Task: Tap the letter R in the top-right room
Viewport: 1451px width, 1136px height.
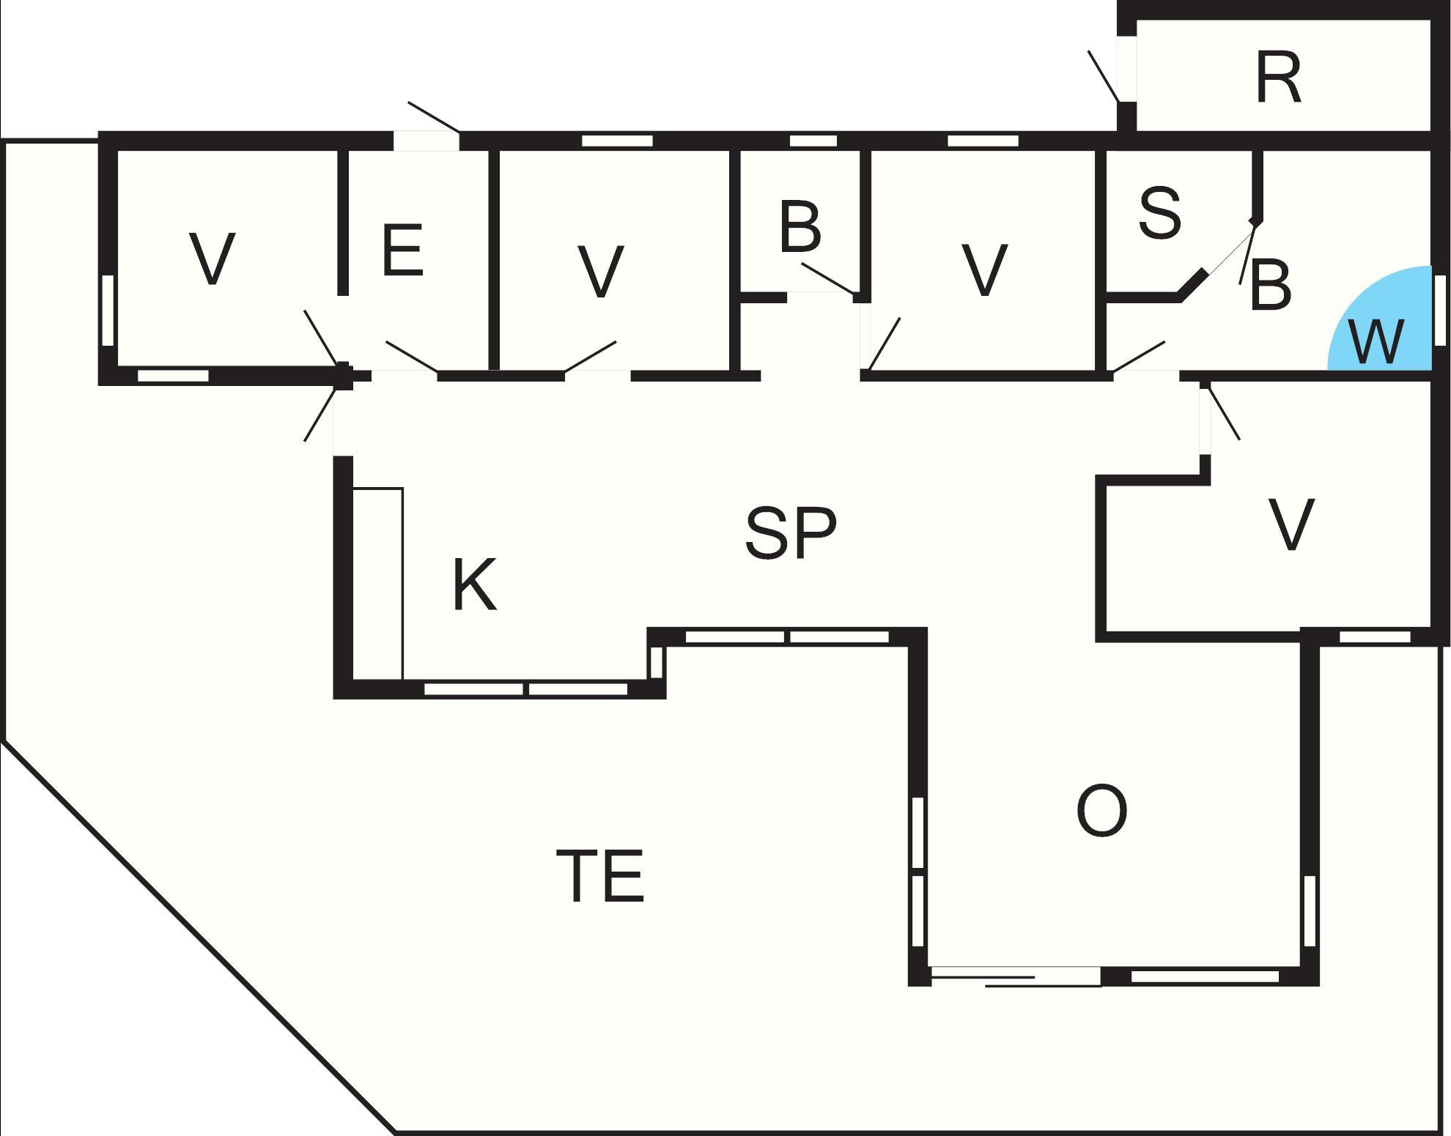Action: pyautogui.click(x=1278, y=78)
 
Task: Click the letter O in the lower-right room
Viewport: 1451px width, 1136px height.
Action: pyautogui.click(x=1101, y=811)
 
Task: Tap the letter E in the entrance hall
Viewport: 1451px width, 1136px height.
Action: pyautogui.click(x=402, y=250)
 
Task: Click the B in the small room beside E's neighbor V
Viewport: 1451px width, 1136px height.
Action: pyautogui.click(x=800, y=226)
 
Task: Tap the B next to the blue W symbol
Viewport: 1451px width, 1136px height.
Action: pyautogui.click(x=1270, y=285)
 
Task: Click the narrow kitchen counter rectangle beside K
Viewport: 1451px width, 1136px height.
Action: pyautogui.click(x=378, y=583)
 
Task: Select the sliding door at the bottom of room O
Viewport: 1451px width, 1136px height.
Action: pyautogui.click(x=1015, y=978)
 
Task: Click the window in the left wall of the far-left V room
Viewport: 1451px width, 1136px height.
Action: pyautogui.click(x=108, y=310)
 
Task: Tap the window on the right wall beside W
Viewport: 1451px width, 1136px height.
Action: pyautogui.click(x=1440, y=310)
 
